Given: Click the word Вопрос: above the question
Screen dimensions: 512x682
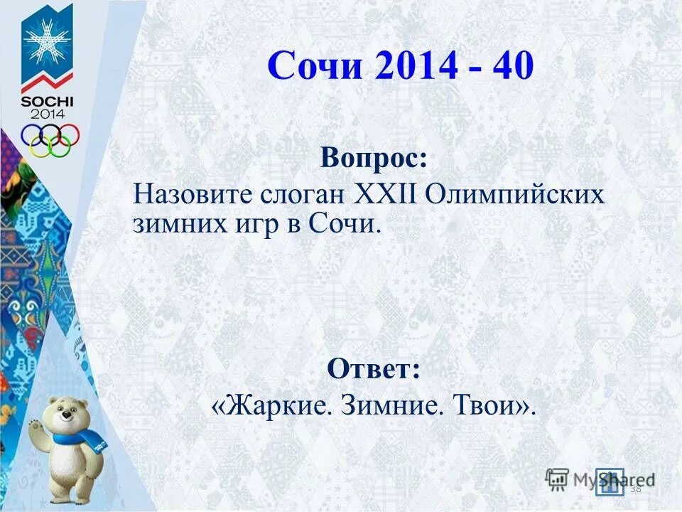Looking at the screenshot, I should coord(374,157).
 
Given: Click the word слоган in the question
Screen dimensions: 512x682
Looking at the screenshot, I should coord(297,194).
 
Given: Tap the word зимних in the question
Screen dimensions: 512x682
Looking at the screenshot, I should coord(170,224).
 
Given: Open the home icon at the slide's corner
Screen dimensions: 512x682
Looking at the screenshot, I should coord(610,481).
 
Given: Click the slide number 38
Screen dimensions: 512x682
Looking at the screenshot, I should coord(635,488).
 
